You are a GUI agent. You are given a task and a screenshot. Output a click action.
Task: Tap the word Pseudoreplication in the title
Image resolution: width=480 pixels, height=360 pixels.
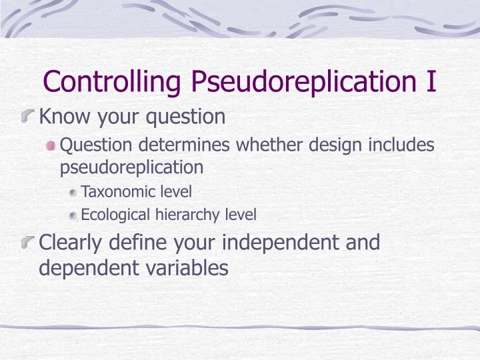pyautogui.click(x=289, y=82)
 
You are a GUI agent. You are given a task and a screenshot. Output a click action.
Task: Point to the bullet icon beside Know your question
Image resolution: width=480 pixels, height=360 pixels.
pyautogui.click(x=29, y=118)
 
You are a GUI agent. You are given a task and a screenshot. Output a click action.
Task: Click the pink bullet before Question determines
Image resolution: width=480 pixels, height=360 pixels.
pyautogui.click(x=51, y=145)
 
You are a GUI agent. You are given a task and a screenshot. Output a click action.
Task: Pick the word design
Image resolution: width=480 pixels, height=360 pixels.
pyautogui.click(x=330, y=145)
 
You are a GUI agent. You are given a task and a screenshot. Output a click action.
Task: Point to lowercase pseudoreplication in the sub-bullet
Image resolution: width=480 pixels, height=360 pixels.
pyautogui.click(x=131, y=167)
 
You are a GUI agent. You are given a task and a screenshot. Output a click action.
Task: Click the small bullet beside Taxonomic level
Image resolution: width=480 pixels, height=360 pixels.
pyautogui.click(x=73, y=193)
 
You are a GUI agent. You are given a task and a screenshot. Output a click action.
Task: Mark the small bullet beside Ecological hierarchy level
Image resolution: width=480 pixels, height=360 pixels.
pyautogui.click(x=73, y=215)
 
